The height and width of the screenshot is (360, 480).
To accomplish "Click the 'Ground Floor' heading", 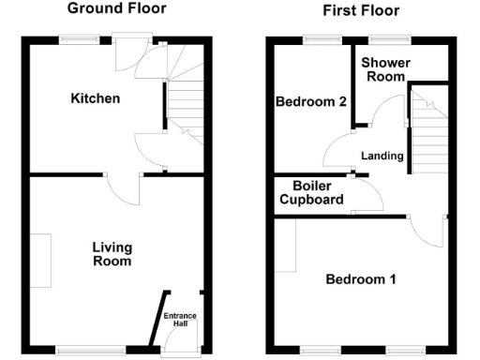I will click(117, 8).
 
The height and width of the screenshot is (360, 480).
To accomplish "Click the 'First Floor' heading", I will click(360, 11).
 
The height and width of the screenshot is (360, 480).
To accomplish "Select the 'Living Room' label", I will click(112, 254).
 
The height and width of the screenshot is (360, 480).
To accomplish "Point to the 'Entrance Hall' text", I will click(181, 320).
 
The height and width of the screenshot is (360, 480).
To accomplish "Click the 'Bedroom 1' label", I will click(361, 279).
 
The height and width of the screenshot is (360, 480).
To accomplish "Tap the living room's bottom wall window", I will click(90, 351).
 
